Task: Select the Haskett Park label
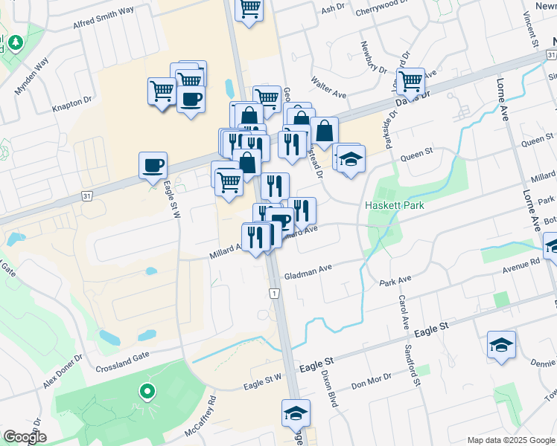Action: tap(393, 205)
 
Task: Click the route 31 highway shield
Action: tap(86, 195)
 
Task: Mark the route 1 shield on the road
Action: tap(274, 294)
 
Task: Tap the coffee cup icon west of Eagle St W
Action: tap(153, 165)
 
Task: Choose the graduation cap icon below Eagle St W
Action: tap(295, 413)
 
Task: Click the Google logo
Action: tap(25, 438)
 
